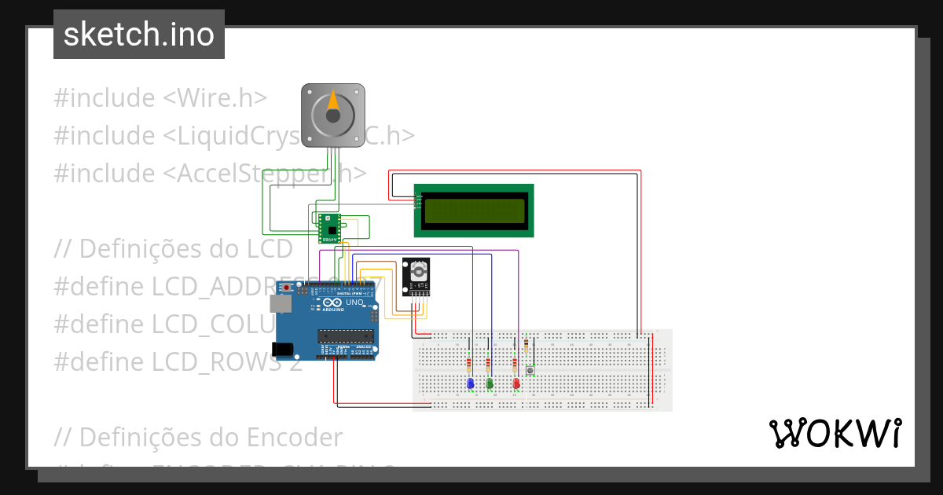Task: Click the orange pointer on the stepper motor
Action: pos(333,101)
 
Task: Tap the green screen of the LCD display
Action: pos(473,210)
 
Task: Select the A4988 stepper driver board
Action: pos(329,227)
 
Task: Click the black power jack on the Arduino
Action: pos(281,348)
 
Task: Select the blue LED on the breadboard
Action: pos(470,383)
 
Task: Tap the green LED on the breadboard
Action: pos(490,383)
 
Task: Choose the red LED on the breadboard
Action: pos(516,383)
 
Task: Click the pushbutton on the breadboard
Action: pos(530,370)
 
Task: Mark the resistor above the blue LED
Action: pos(469,365)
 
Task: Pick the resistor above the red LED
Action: pos(515,365)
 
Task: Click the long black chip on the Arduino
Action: pos(344,336)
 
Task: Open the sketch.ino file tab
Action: pos(139,35)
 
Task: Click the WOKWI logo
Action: pos(835,433)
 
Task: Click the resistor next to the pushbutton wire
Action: pos(525,346)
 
